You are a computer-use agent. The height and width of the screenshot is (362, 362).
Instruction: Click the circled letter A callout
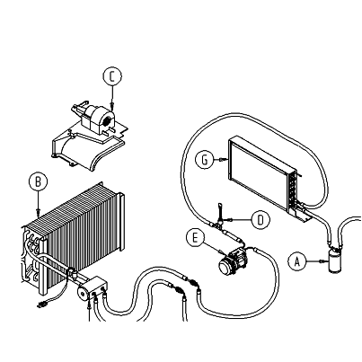coord(297,261)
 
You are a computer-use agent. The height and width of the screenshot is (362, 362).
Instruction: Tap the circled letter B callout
coord(38,181)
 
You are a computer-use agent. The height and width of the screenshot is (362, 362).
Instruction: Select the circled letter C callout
coord(112,76)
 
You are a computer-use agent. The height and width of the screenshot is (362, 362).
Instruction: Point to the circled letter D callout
coord(260,220)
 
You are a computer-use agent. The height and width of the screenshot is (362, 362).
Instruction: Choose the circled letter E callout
coord(195,238)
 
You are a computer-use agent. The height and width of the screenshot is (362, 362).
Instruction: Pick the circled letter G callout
coord(205,160)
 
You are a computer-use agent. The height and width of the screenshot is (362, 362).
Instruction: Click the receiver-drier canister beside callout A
coord(334,259)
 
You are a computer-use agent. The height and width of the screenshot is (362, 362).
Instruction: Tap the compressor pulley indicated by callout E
coord(225,267)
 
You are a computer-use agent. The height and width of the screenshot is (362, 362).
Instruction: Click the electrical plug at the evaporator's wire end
coord(40,305)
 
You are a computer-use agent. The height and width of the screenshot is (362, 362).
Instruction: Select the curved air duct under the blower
coord(87,151)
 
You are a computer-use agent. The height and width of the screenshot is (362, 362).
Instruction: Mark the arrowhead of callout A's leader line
coord(322,261)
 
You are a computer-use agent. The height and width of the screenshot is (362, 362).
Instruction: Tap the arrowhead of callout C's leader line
coord(112,103)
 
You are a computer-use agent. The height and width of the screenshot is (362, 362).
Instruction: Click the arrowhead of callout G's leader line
coord(221,160)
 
